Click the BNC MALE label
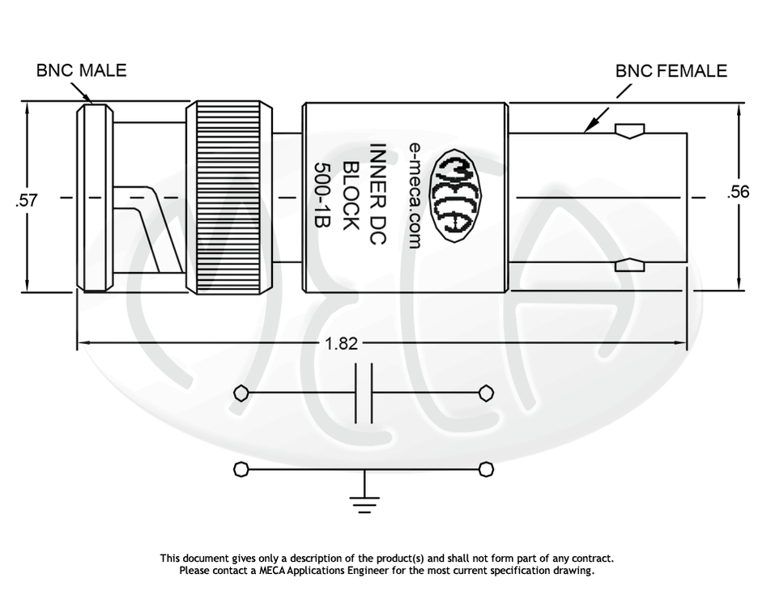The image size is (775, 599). (81, 70)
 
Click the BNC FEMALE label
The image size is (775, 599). (671, 70)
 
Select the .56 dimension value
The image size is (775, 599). (739, 192)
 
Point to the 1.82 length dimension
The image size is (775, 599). (341, 343)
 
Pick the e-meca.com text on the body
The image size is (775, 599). (415, 195)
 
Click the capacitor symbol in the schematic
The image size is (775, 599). (364, 393)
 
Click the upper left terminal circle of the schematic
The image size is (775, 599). (241, 393)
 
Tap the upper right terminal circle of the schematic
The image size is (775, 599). (486, 393)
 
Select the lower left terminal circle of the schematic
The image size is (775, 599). (241, 469)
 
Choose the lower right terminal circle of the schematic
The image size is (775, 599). (486, 469)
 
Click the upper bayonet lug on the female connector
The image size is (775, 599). (629, 130)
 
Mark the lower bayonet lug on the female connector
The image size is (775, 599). (629, 264)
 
